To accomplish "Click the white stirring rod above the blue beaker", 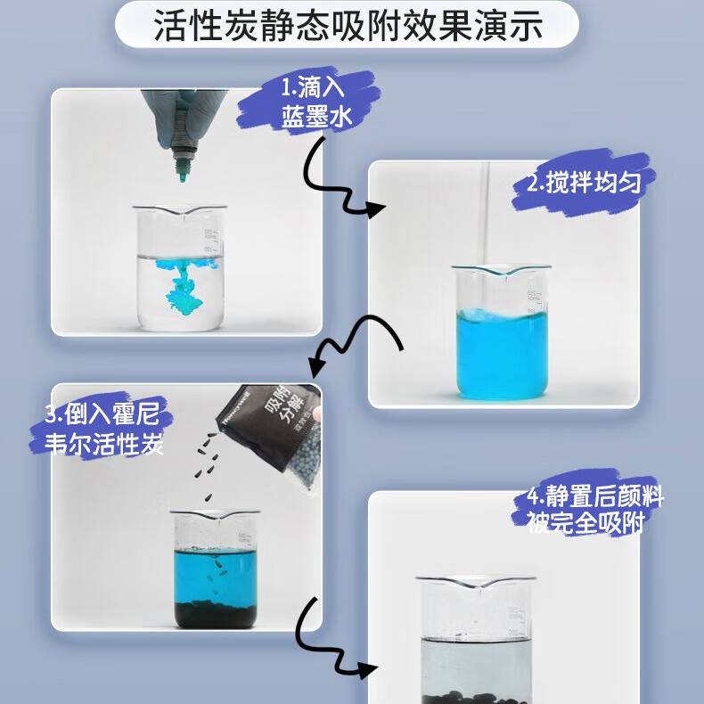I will tap(486, 214).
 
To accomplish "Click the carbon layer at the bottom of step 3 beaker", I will tap(214, 613).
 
